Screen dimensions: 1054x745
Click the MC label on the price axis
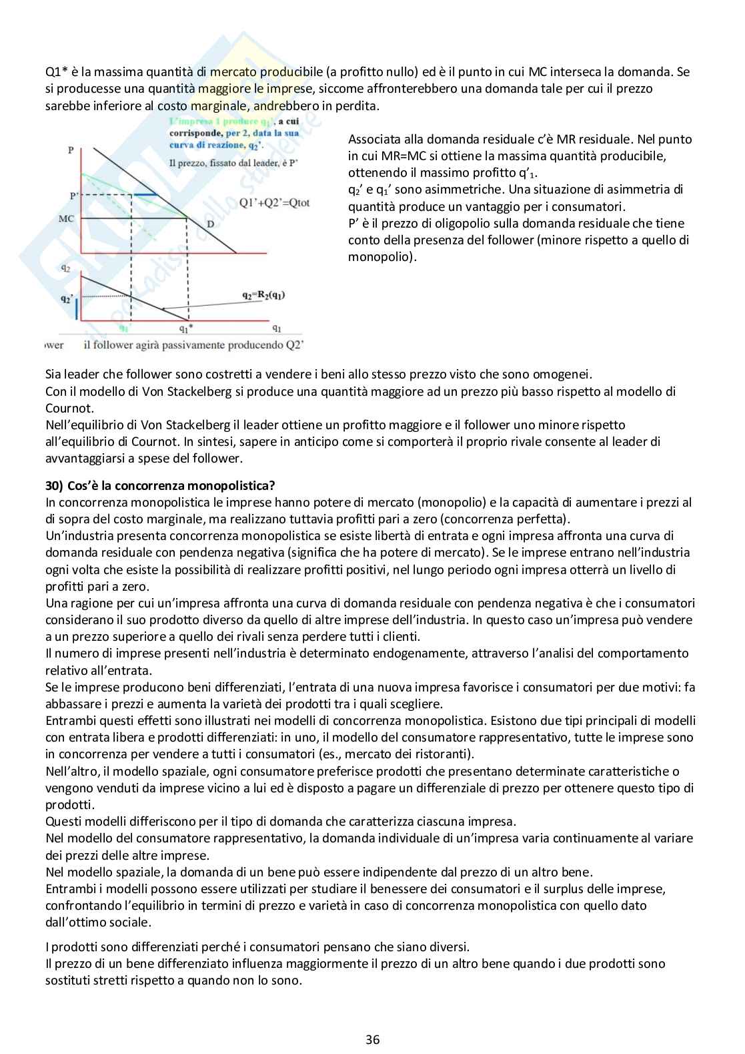66,218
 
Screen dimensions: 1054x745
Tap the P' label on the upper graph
73,196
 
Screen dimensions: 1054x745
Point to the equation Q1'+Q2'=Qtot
274,202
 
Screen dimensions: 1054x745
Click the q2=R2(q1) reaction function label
263,294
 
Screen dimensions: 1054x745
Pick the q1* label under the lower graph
186,328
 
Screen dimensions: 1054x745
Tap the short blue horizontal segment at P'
145,194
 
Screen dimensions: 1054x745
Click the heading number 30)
54,485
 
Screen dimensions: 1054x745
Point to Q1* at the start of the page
57,71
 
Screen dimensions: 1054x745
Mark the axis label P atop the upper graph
71,151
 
